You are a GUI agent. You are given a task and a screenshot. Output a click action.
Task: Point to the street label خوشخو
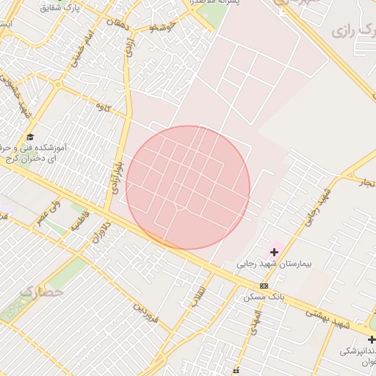click(163, 26)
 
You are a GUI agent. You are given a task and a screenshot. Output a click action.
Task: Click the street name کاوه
click(103, 106)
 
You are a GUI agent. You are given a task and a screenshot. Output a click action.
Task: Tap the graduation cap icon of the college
click(30, 137)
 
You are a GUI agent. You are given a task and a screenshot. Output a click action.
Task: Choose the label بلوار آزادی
click(114, 177)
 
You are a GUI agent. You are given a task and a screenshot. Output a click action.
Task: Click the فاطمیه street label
click(77, 220)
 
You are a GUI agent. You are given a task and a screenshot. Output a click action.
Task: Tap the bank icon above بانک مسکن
click(264, 286)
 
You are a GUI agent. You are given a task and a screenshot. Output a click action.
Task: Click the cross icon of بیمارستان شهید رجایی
click(275, 252)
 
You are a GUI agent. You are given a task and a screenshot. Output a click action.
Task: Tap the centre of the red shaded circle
click(188, 187)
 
